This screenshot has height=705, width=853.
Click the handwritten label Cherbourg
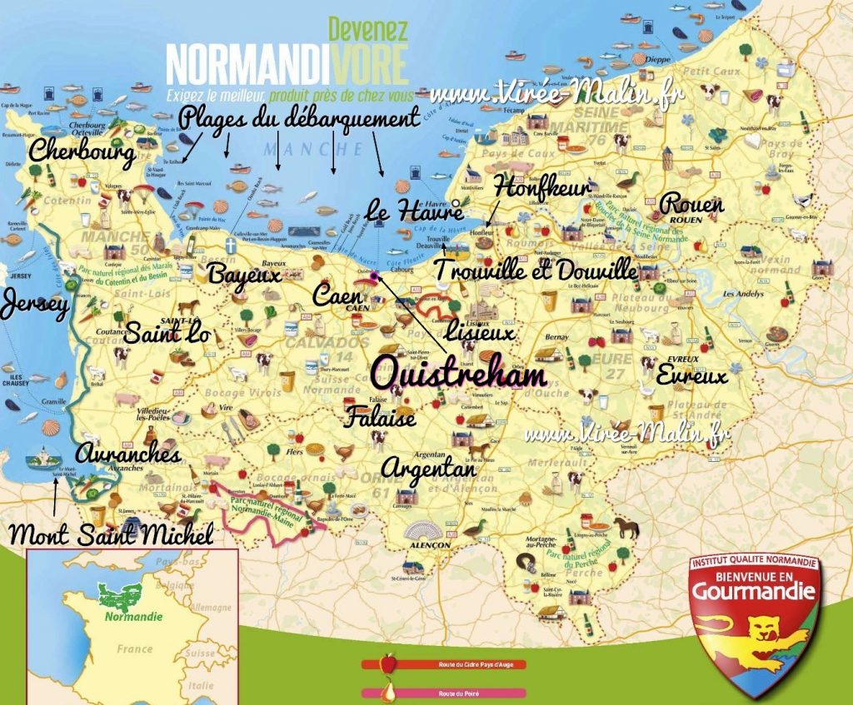pos(82,152)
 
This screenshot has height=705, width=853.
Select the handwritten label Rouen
pos(691,204)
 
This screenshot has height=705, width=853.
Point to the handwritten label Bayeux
pos(244,273)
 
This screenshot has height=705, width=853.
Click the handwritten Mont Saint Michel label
pos(110,535)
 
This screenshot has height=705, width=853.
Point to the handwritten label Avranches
pos(127,454)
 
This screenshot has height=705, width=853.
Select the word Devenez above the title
pos(367,29)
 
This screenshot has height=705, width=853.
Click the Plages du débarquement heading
pos(298,119)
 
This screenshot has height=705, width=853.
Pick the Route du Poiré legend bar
pos(443,693)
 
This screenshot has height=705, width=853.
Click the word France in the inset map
pos(134,648)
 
